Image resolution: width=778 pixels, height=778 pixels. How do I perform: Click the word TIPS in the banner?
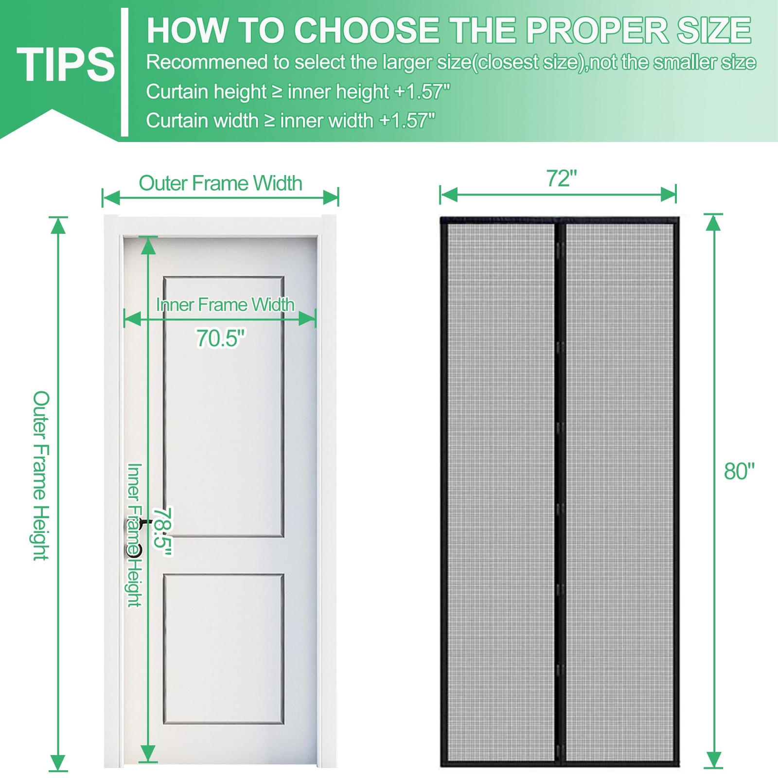[x=66, y=64]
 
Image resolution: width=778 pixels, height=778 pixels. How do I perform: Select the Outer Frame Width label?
[x=220, y=183]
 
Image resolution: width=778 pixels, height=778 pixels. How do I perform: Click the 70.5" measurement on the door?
[x=221, y=338]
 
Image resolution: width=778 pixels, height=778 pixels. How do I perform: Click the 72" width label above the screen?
[x=561, y=178]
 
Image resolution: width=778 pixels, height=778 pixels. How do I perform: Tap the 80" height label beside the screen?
[x=739, y=471]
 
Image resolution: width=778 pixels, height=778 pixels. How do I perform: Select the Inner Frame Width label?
[x=225, y=305]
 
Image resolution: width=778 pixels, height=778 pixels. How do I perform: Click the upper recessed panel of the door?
[x=223, y=407]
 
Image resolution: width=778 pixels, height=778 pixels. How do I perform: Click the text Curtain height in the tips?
[x=206, y=92]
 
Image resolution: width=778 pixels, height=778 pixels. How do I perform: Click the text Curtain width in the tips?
[x=202, y=121]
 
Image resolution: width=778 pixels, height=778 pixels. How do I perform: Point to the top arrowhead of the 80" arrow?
[x=713, y=222]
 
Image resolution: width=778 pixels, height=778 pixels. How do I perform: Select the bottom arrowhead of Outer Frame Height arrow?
[x=58, y=762]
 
